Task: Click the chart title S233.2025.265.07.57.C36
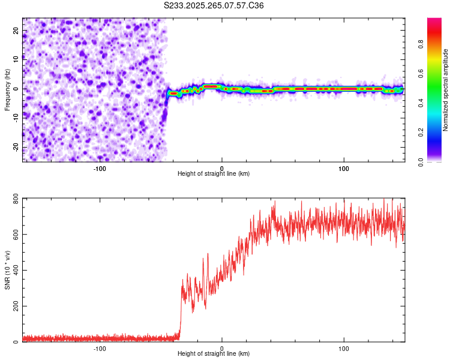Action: [214, 5]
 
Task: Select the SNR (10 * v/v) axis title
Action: [7, 270]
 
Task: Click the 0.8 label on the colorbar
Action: [422, 44]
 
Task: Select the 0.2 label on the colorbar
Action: [422, 132]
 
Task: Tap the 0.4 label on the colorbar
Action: [422, 103]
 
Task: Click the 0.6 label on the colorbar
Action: [422, 73]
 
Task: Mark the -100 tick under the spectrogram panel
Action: [100, 167]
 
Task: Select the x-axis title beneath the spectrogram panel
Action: [214, 174]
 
